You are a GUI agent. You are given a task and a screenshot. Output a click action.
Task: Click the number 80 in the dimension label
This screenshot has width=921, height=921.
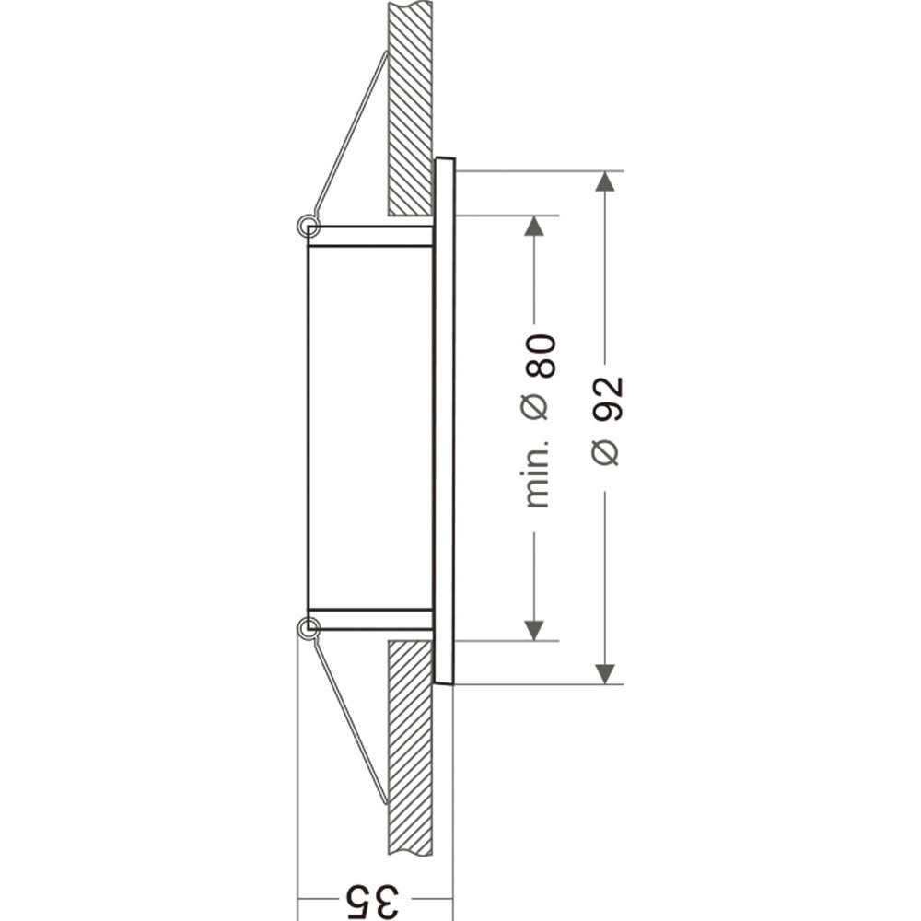tap(540, 356)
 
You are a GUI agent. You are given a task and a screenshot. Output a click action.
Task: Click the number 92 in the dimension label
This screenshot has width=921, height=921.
tap(607, 399)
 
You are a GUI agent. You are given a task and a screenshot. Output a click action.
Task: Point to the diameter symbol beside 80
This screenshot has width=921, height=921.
tap(536, 406)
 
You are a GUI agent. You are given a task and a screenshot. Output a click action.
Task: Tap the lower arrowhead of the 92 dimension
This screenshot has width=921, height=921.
tap(604, 674)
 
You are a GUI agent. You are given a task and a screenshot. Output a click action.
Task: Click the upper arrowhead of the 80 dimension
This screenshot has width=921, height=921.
tap(533, 226)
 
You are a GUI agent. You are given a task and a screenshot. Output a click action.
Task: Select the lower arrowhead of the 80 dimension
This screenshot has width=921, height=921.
tap(533, 630)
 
